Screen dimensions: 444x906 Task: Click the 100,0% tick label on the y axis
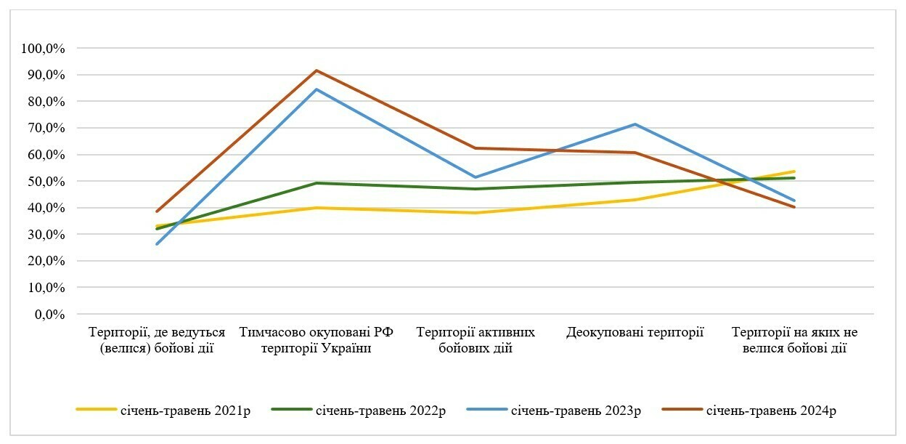coord(45,49)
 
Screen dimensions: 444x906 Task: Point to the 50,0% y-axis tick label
coord(48,182)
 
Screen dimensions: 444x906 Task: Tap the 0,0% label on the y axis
coord(51,315)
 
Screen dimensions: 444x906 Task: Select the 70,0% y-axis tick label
coord(48,129)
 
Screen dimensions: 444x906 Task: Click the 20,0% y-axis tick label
coord(48,262)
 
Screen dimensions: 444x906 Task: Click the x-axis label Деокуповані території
coord(635,333)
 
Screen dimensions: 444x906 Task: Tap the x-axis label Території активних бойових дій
coord(476,340)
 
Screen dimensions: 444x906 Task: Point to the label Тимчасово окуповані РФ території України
coord(316,340)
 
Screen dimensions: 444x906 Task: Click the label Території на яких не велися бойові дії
coord(794,340)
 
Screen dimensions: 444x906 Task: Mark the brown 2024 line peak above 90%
coord(317,70)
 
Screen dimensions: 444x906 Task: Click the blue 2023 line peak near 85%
coord(317,89)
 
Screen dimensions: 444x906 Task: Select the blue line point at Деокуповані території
coord(635,124)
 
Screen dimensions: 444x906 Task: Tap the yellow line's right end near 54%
coord(795,171)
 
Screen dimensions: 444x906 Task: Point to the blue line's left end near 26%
coord(157,244)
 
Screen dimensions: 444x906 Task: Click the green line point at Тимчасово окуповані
coord(317,183)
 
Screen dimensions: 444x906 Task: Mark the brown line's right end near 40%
coord(795,207)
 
